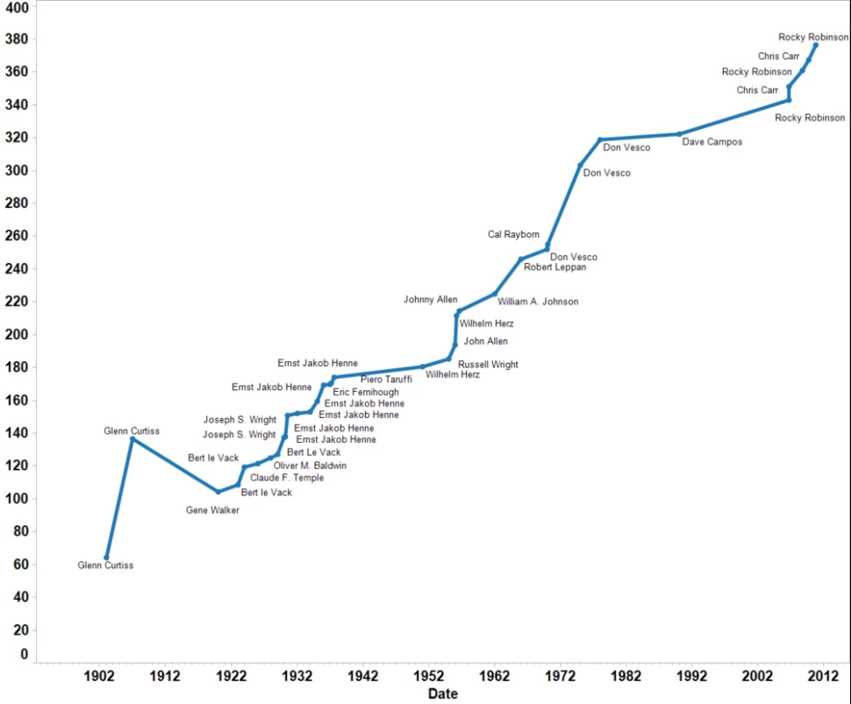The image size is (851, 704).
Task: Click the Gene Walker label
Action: (212, 510)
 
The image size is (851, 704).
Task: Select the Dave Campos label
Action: (712, 142)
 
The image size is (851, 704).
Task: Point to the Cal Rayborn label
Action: (514, 235)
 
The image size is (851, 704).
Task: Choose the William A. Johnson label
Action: (538, 302)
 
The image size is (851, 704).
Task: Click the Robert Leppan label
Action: (554, 267)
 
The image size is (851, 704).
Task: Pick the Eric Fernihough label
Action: (366, 392)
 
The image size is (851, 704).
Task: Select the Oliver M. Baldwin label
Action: (310, 466)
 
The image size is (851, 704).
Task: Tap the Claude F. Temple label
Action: (287, 478)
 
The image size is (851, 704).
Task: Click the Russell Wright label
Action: (488, 365)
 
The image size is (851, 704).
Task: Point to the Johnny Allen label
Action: (430, 300)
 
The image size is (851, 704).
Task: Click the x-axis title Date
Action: (443, 694)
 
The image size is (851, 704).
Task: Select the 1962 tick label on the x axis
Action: (495, 676)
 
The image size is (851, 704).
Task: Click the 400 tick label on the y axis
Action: (18, 7)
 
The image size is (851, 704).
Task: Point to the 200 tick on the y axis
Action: (18, 335)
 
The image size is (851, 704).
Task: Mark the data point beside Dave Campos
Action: (679, 134)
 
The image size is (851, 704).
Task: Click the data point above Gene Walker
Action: (218, 492)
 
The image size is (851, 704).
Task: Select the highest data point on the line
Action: (816, 45)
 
